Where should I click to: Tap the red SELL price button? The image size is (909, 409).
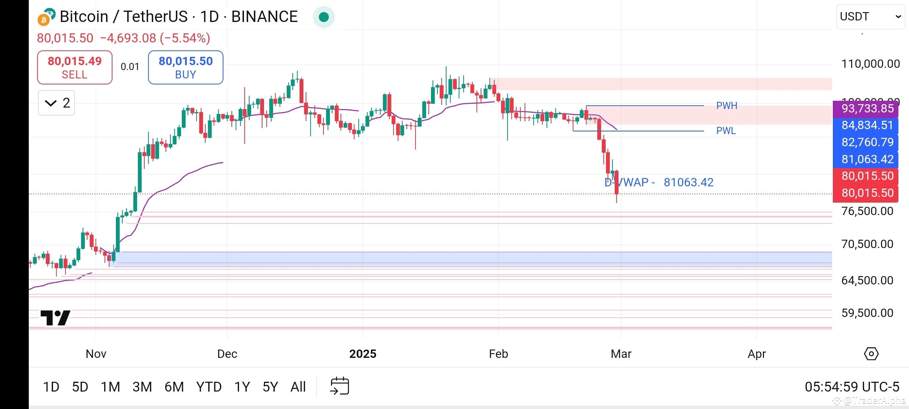click(75, 67)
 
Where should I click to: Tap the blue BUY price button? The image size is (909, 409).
click(186, 67)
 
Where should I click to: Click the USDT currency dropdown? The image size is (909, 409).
click(870, 17)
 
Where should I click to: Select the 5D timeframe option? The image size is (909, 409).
click(80, 387)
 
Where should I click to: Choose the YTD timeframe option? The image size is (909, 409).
click(209, 387)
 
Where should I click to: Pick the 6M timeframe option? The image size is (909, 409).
click(174, 387)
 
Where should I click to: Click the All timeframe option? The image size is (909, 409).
click(298, 387)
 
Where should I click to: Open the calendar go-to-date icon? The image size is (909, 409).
click(340, 386)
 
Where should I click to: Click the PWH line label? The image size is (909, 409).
click(726, 106)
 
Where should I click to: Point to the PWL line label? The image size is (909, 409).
click(726, 131)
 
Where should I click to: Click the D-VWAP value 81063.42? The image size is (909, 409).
click(689, 183)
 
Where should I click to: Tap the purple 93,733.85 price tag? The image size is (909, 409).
click(867, 109)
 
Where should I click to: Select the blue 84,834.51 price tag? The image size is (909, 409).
click(867, 125)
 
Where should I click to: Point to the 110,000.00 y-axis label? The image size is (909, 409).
click(870, 64)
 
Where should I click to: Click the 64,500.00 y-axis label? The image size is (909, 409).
click(867, 280)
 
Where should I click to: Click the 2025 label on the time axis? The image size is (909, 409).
click(362, 354)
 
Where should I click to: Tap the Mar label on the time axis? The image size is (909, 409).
click(621, 354)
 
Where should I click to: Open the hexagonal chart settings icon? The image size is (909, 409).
click(871, 354)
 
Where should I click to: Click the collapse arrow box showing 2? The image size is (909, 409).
click(56, 103)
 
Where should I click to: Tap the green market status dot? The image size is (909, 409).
click(323, 17)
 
